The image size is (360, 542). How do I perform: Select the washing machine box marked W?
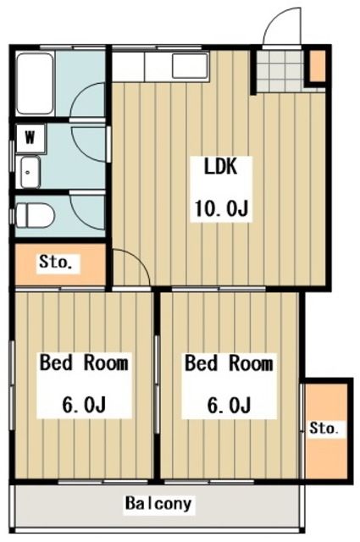[x=30, y=136]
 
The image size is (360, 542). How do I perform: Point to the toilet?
[x=34, y=215]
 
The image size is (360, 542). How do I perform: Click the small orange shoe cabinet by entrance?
[x=316, y=65]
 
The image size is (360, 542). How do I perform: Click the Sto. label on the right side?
[x=323, y=429]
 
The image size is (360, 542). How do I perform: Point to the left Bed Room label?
[x=85, y=364]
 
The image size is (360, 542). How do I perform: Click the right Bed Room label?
[x=230, y=364]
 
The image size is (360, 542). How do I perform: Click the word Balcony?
[x=158, y=505]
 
